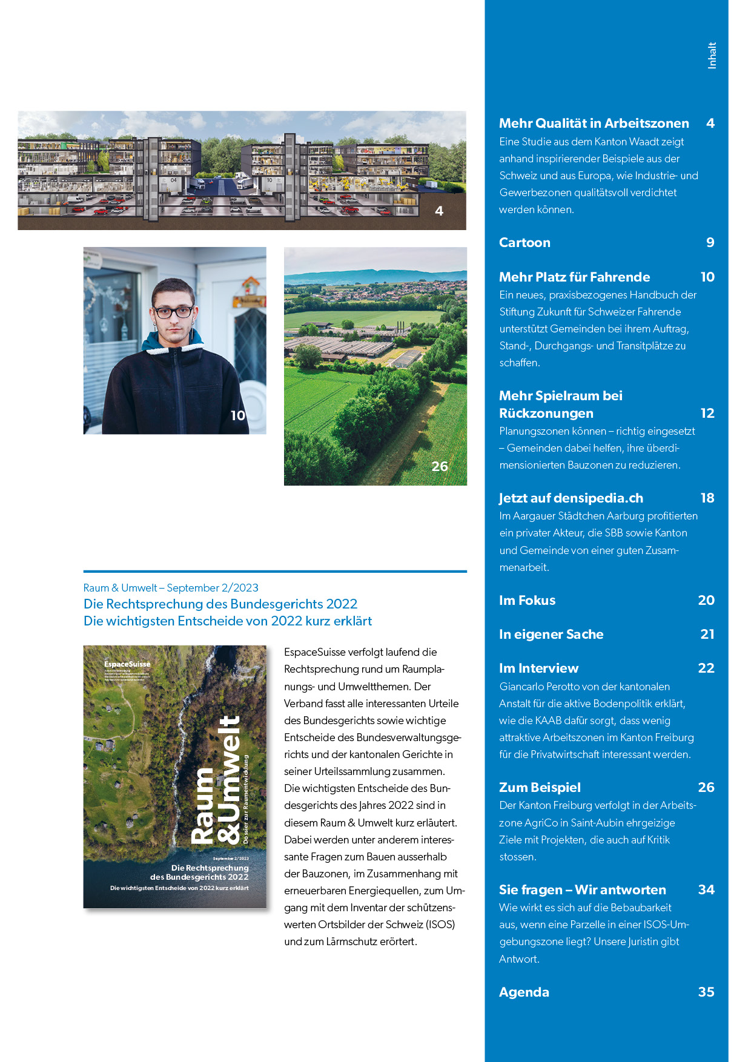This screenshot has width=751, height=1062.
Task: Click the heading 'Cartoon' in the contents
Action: (x=524, y=243)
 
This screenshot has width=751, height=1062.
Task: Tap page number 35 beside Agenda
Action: (x=706, y=992)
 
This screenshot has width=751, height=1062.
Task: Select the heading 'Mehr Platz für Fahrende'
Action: (x=574, y=277)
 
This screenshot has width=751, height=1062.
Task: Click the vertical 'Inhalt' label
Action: (x=712, y=55)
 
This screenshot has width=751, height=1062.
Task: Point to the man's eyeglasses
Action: (x=173, y=312)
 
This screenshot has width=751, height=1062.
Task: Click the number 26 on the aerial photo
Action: (x=440, y=466)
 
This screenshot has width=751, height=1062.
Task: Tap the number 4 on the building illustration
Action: (x=439, y=211)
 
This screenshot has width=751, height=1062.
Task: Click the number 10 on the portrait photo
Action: (x=238, y=415)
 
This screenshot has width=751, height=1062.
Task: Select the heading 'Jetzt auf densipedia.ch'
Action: (x=571, y=498)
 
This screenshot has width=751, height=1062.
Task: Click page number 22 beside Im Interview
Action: (x=706, y=668)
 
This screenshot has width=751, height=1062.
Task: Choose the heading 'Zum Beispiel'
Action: (x=540, y=787)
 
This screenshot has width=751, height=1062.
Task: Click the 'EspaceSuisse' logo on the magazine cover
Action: (x=127, y=664)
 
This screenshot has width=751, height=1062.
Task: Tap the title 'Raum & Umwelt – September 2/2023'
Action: (x=171, y=588)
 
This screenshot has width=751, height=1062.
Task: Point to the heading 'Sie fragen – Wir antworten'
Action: (x=582, y=889)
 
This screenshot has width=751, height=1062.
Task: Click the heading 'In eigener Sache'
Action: (x=551, y=634)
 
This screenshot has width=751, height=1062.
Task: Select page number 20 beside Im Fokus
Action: (x=706, y=600)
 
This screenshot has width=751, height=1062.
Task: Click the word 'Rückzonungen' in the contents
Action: (x=546, y=414)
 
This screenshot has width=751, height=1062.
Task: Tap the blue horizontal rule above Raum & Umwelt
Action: (x=275, y=571)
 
